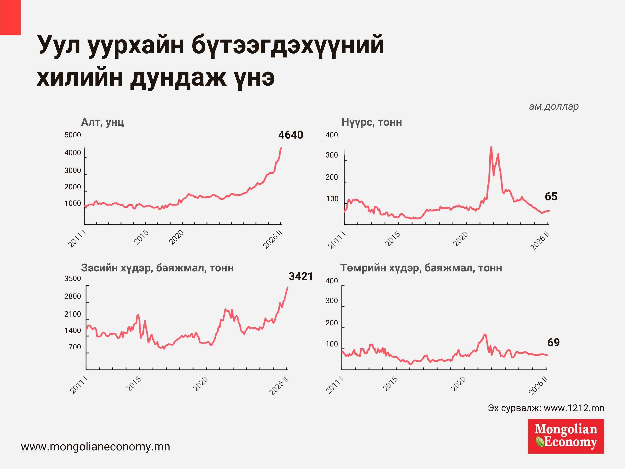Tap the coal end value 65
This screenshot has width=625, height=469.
click(551, 196)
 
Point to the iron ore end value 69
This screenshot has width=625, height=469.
click(553, 342)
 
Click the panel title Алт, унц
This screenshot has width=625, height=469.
click(103, 122)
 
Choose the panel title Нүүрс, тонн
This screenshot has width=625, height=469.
click(371, 122)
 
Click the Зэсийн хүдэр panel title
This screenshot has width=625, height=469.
click(157, 268)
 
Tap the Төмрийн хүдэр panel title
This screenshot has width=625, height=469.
click(421, 268)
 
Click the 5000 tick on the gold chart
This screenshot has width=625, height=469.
click(73, 135)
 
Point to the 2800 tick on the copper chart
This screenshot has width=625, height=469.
click(73, 296)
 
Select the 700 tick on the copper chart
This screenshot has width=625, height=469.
click(75, 347)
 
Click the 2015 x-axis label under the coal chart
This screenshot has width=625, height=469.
click(392, 239)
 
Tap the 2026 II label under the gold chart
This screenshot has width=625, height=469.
click(272, 240)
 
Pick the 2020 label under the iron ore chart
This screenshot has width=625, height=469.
click(458, 384)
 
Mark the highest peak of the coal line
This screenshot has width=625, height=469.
click(491, 147)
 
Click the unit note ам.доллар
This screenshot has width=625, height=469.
click(554, 106)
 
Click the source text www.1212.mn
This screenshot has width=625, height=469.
click(546, 408)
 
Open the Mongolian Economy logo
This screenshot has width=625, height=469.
click(566, 436)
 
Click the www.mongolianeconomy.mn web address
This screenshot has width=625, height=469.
click(96, 447)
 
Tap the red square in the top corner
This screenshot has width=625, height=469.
click(10, 17)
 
